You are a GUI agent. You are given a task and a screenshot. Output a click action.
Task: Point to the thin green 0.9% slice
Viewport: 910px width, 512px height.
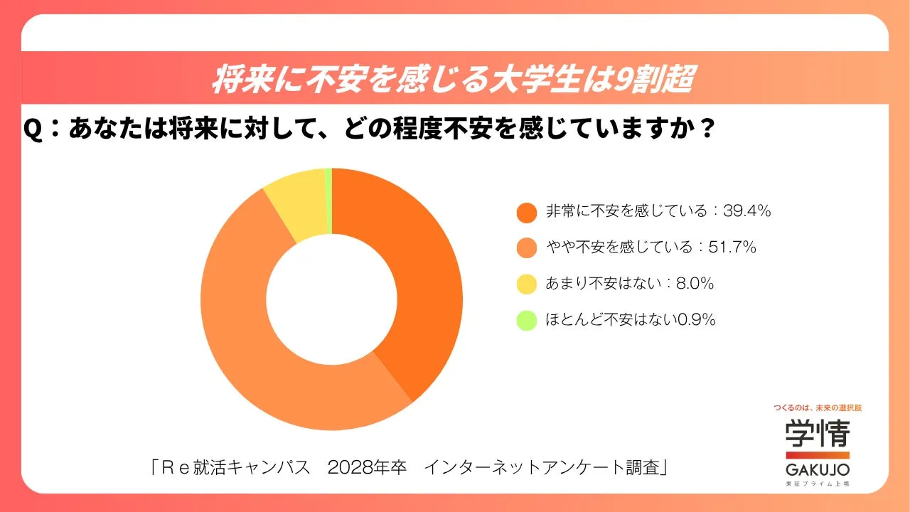click(x=328, y=201)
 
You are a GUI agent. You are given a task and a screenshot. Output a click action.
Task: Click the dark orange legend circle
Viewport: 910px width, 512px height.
click(x=526, y=212)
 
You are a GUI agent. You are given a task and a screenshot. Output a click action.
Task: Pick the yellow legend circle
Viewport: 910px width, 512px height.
click(x=526, y=284)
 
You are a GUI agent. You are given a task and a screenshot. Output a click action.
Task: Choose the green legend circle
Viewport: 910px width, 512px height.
click(x=526, y=321)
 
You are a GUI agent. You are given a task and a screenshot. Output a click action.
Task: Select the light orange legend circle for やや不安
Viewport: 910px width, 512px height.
click(x=526, y=248)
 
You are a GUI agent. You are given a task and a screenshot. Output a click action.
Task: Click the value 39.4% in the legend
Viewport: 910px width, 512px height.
click(x=747, y=211)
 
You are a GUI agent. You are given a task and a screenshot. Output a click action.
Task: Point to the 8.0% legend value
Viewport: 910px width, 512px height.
click(x=695, y=284)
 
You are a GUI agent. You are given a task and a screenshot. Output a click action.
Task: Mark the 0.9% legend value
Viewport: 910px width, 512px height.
click(x=696, y=320)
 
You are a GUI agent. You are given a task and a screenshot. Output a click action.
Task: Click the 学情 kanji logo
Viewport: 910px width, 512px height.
click(x=817, y=433)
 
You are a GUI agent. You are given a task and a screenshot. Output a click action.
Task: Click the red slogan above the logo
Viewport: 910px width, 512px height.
click(x=817, y=408)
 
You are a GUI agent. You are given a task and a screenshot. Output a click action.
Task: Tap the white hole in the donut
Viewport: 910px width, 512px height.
click(x=331, y=299)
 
